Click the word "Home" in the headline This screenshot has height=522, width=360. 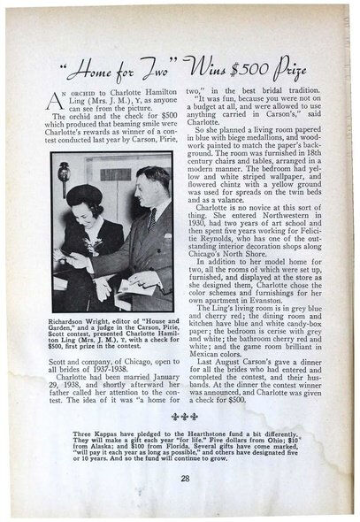[95, 65]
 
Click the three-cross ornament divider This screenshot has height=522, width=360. [184, 415]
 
